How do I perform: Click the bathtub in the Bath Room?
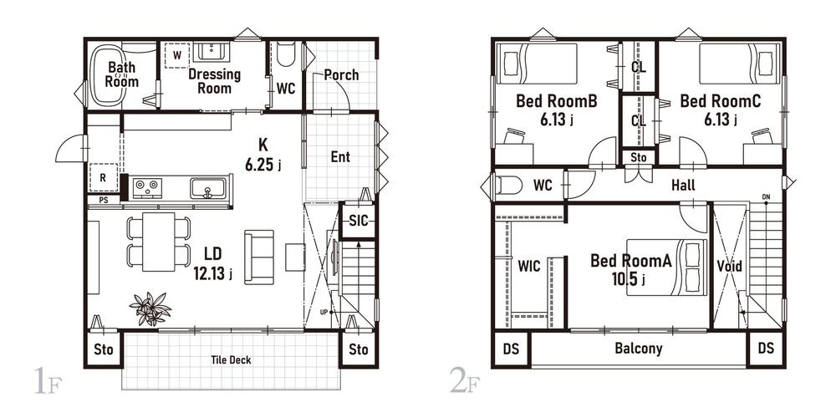(108, 75)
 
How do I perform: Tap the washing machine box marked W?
(177, 55)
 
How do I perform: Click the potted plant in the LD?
(150, 308)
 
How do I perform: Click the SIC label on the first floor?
(359, 220)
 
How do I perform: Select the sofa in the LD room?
(259, 257)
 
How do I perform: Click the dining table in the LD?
(158, 242)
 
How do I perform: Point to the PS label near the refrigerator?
(104, 200)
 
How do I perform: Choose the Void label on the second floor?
(729, 266)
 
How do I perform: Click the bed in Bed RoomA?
(666, 268)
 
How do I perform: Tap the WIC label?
(529, 266)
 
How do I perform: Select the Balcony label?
(638, 349)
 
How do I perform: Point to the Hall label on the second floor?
(683, 186)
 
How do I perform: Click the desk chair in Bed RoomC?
(762, 136)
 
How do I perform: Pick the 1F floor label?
(47, 380)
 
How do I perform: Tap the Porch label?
(341, 74)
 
